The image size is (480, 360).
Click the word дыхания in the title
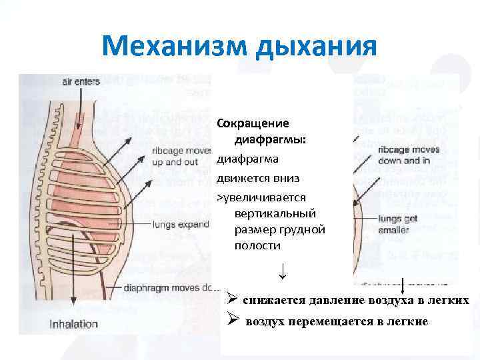[x=320, y=47]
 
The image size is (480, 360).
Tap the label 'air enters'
[x=81, y=82]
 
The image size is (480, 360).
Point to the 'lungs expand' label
[x=180, y=225]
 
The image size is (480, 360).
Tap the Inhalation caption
[x=74, y=325]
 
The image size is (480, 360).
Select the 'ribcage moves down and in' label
[x=409, y=155]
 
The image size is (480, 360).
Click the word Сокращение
[x=253, y=124]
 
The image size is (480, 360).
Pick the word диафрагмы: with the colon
[x=270, y=141]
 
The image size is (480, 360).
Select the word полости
[x=258, y=246]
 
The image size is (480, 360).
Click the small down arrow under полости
[x=283, y=271]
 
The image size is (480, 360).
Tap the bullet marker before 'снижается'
[x=231, y=299]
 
